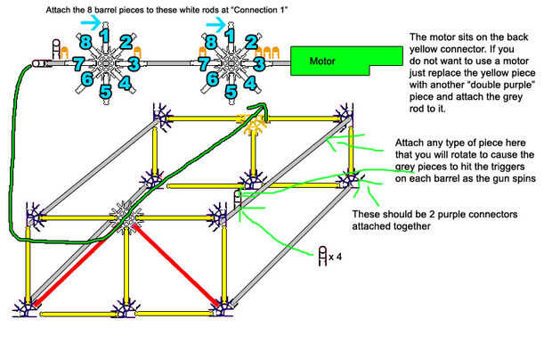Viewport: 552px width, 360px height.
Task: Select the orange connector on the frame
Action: [x=253, y=125]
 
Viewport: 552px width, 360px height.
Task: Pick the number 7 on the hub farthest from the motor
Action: [x=77, y=63]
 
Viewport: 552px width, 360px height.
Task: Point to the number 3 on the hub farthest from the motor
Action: [x=133, y=63]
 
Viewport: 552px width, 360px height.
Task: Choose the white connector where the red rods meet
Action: [x=126, y=216]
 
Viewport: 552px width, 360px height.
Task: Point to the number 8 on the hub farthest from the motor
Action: [x=85, y=42]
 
